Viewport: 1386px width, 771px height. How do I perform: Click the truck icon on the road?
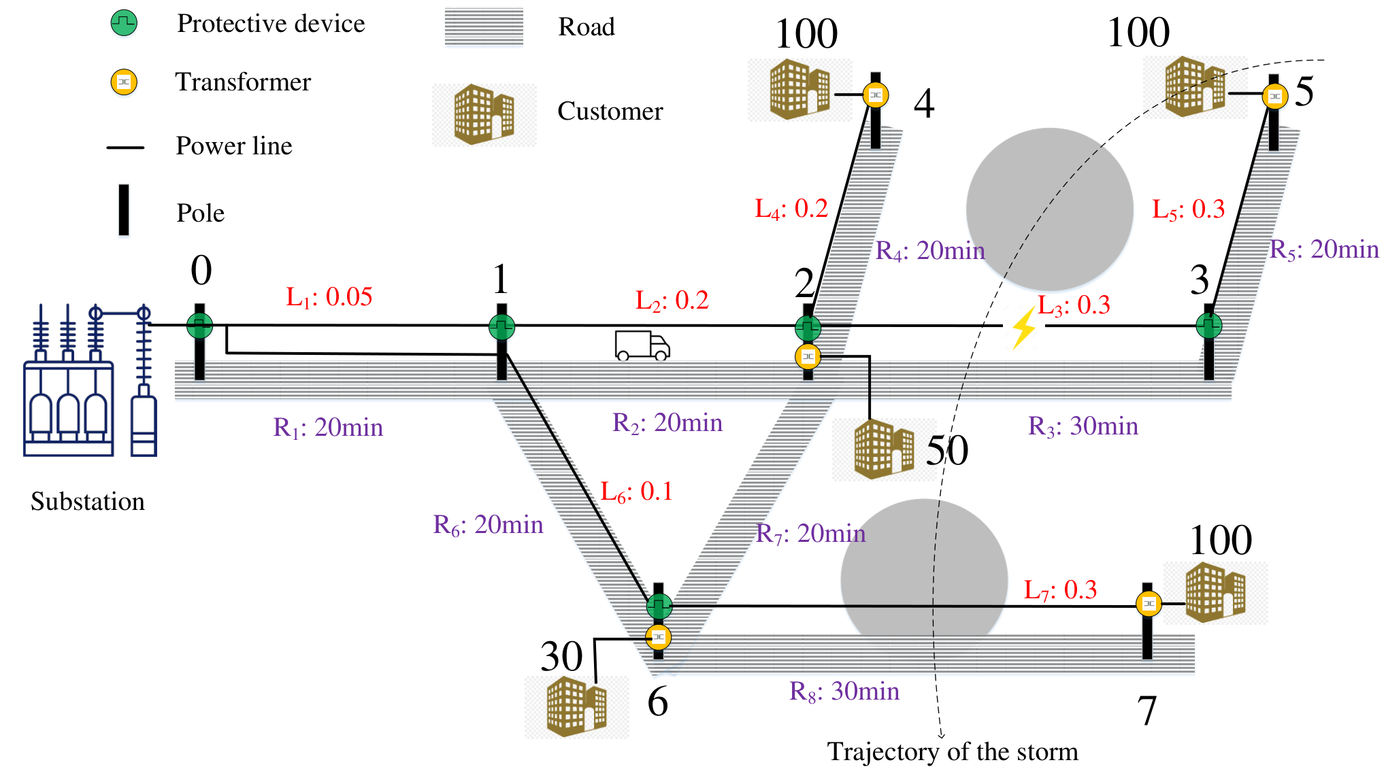click(x=642, y=345)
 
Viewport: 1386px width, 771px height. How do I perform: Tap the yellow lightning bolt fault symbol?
click(x=1023, y=328)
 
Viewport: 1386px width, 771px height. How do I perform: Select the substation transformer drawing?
click(x=90, y=380)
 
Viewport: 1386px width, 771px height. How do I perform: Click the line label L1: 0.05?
click(x=329, y=297)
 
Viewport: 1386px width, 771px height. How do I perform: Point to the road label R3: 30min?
click(x=1083, y=426)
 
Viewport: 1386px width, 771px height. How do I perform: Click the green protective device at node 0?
click(x=199, y=326)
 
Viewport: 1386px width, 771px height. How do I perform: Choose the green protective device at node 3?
click(x=1209, y=326)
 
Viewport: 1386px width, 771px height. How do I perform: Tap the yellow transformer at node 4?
click(x=876, y=95)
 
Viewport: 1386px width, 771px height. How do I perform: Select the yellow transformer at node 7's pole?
click(x=1149, y=603)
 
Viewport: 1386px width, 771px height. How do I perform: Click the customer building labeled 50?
click(x=884, y=449)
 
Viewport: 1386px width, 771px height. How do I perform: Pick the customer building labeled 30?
click(x=576, y=707)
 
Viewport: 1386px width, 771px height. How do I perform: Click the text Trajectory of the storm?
click(x=953, y=752)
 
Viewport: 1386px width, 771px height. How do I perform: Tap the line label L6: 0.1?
click(x=637, y=492)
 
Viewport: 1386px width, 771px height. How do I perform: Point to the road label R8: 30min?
click(x=844, y=691)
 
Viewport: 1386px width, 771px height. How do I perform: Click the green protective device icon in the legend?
click(x=124, y=23)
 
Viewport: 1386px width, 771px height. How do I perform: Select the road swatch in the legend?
click(x=484, y=27)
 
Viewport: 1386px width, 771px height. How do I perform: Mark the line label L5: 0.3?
click(x=1189, y=209)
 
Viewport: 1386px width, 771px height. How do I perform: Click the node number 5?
click(x=1304, y=91)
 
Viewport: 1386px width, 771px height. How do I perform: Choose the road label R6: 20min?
click(x=489, y=525)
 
